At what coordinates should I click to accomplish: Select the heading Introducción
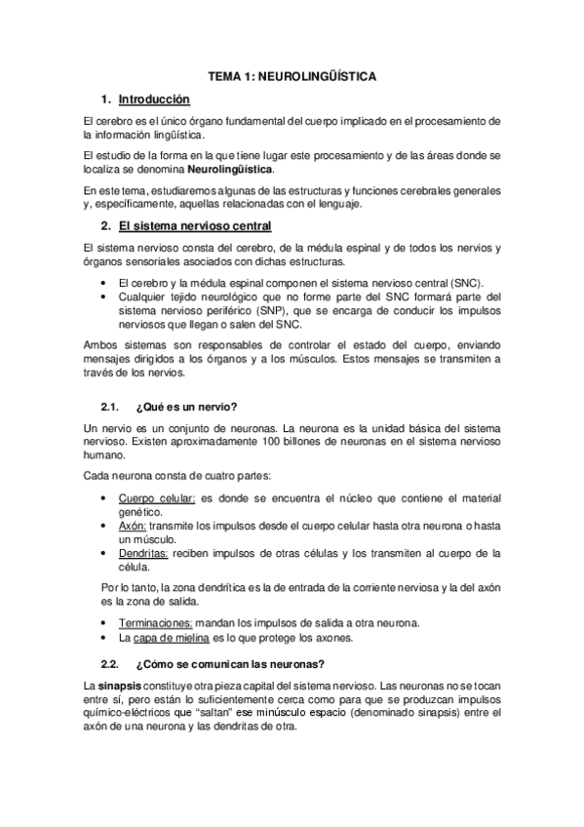[153, 99]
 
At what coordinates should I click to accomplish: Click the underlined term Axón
[132, 526]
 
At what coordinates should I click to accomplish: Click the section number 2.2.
[109, 665]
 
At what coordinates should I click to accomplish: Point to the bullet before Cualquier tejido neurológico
[104, 296]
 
